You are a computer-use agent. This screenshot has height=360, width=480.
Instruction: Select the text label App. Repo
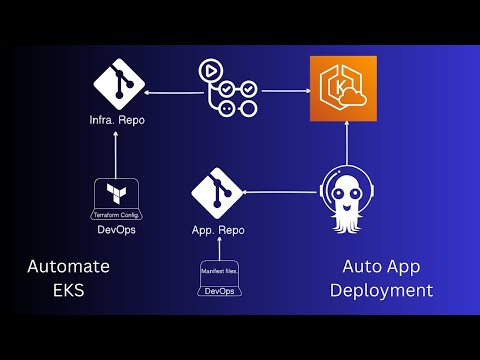tap(218, 230)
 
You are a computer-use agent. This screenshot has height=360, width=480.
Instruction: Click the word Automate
tap(68, 267)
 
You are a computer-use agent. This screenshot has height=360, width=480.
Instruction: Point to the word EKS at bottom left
tap(68, 292)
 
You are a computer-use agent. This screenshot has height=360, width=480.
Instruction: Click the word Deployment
tap(387, 292)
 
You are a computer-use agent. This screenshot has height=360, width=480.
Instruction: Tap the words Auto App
tap(387, 267)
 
